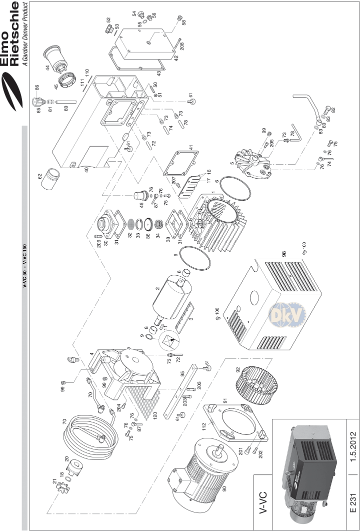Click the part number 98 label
tap(284, 254)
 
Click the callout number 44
tap(46, 67)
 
